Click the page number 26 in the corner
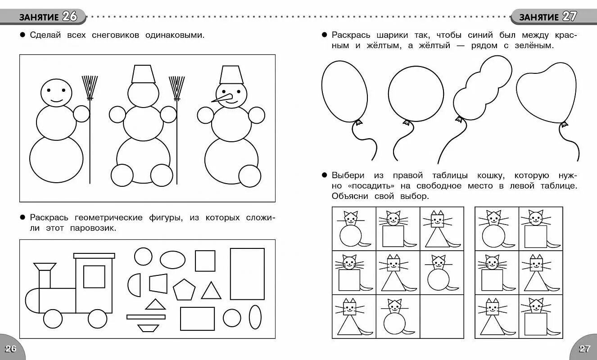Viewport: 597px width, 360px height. [10, 349]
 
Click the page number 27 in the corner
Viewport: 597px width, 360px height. [584, 349]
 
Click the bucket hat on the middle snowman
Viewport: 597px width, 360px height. [143, 74]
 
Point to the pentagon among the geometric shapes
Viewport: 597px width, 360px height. [184, 290]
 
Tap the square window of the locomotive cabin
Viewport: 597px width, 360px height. [94, 277]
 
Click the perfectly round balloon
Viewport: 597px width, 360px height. [416, 94]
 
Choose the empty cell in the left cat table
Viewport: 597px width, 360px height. [442, 316]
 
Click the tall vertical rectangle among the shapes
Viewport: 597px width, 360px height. [247, 274]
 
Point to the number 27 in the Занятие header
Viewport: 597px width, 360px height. [569, 17]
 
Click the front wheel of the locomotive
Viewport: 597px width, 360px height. [53, 319]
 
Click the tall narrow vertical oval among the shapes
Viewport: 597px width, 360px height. [255, 318]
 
